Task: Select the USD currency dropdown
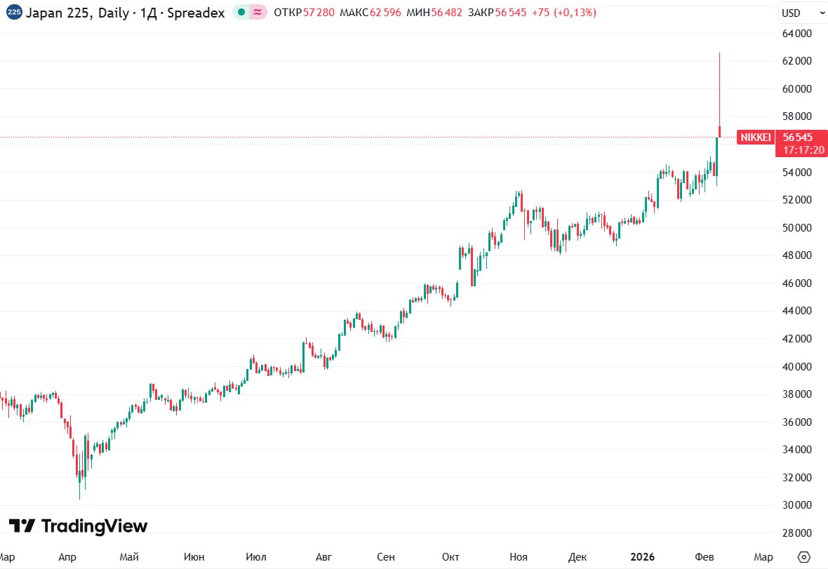(803, 13)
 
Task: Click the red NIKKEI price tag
(755, 137)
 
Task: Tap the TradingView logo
(79, 526)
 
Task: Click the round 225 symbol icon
(13, 12)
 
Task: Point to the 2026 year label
(642, 557)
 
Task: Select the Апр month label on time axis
(67, 557)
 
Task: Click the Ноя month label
(518, 557)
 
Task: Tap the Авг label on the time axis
(323, 557)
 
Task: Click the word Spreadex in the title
(200, 12)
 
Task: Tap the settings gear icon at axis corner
(804, 556)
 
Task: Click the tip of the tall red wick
(719, 53)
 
